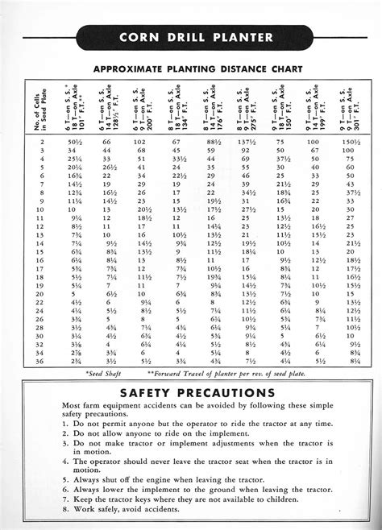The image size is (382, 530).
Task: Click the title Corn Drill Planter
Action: pyautogui.click(x=191, y=36)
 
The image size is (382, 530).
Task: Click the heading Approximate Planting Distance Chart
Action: pyautogui.click(x=191, y=68)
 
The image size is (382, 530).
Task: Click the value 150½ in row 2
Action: pyautogui.click(x=351, y=141)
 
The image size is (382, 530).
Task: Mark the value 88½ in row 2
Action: pyautogui.click(x=214, y=141)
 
